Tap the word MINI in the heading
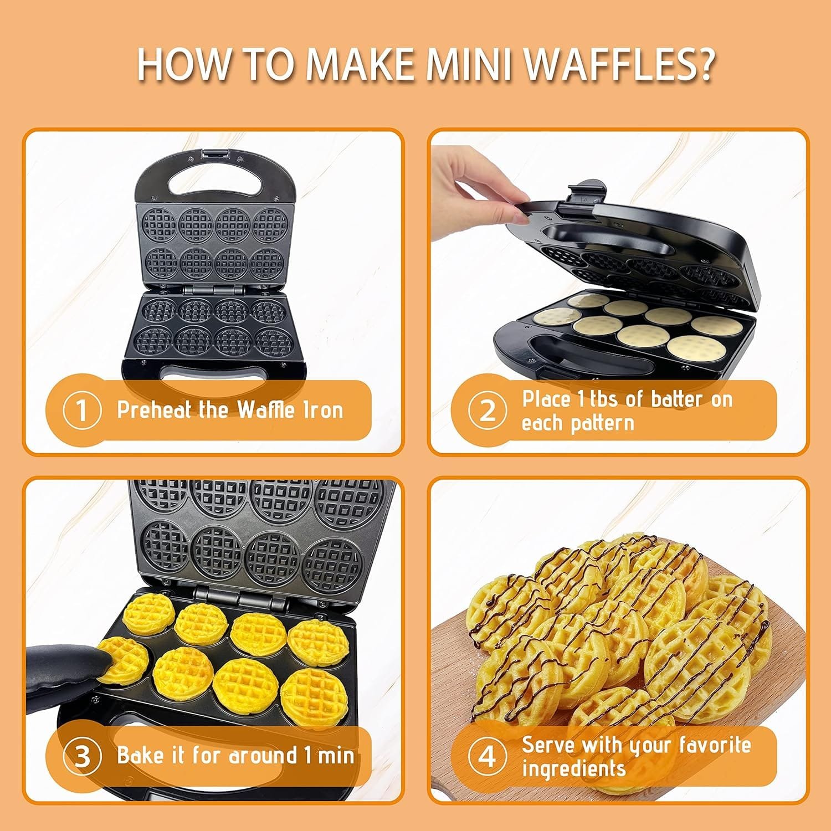[470, 65]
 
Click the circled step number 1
[82, 411]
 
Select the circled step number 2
[487, 411]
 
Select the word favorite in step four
[715, 745]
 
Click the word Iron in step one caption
[322, 410]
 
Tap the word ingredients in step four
[573, 769]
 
